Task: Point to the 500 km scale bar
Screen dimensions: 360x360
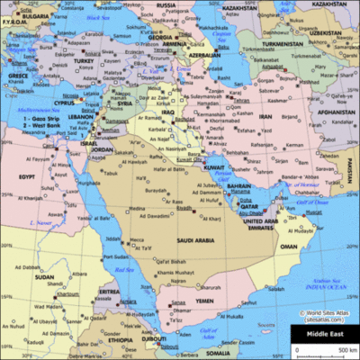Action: tap(324, 348)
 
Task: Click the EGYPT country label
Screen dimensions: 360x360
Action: tap(27, 176)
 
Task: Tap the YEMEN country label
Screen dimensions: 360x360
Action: tap(205, 300)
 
